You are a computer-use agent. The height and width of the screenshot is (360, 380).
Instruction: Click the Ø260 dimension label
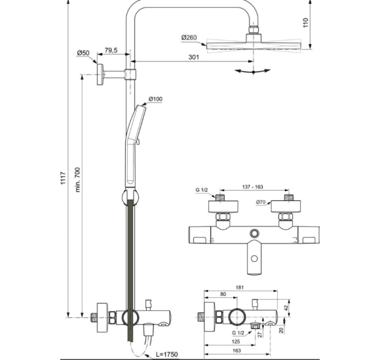(190, 37)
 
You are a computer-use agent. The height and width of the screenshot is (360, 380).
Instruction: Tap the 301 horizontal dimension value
(193, 57)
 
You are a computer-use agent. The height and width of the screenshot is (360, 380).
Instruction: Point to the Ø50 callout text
(83, 52)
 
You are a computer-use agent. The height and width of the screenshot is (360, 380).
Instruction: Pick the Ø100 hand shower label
(155, 99)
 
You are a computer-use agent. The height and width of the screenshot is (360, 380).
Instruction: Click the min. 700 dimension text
(77, 180)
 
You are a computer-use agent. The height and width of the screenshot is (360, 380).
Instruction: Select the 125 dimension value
(236, 340)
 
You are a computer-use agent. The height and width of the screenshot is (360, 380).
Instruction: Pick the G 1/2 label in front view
(202, 190)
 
